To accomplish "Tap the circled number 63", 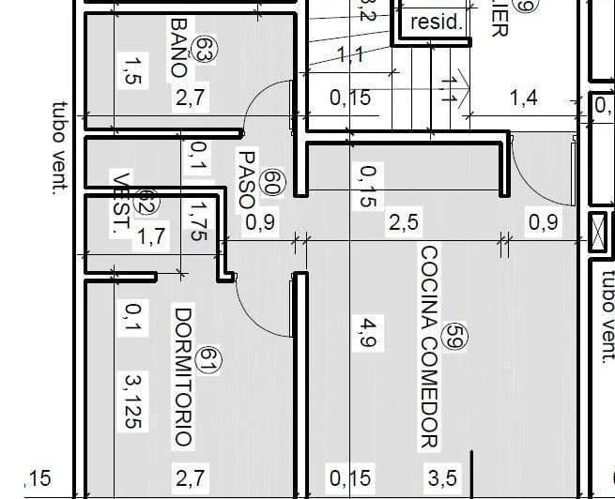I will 202,51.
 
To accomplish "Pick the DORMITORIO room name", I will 183,375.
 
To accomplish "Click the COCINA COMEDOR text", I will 430,347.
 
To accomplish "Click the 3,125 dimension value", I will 132,400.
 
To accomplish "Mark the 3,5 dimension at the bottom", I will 442,478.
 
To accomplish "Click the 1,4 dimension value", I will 523,97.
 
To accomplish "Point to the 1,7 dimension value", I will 152,236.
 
